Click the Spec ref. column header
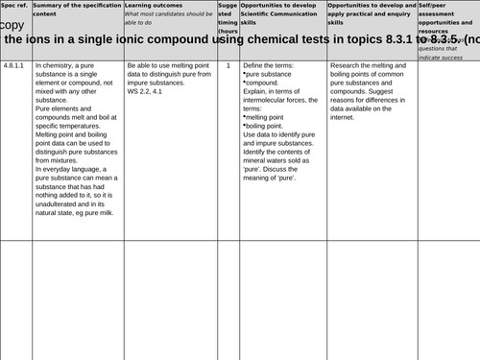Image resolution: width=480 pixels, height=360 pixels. pos(14,6)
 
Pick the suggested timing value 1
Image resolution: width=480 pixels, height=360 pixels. pos(228,66)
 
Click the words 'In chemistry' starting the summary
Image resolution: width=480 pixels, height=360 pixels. pos(56,66)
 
